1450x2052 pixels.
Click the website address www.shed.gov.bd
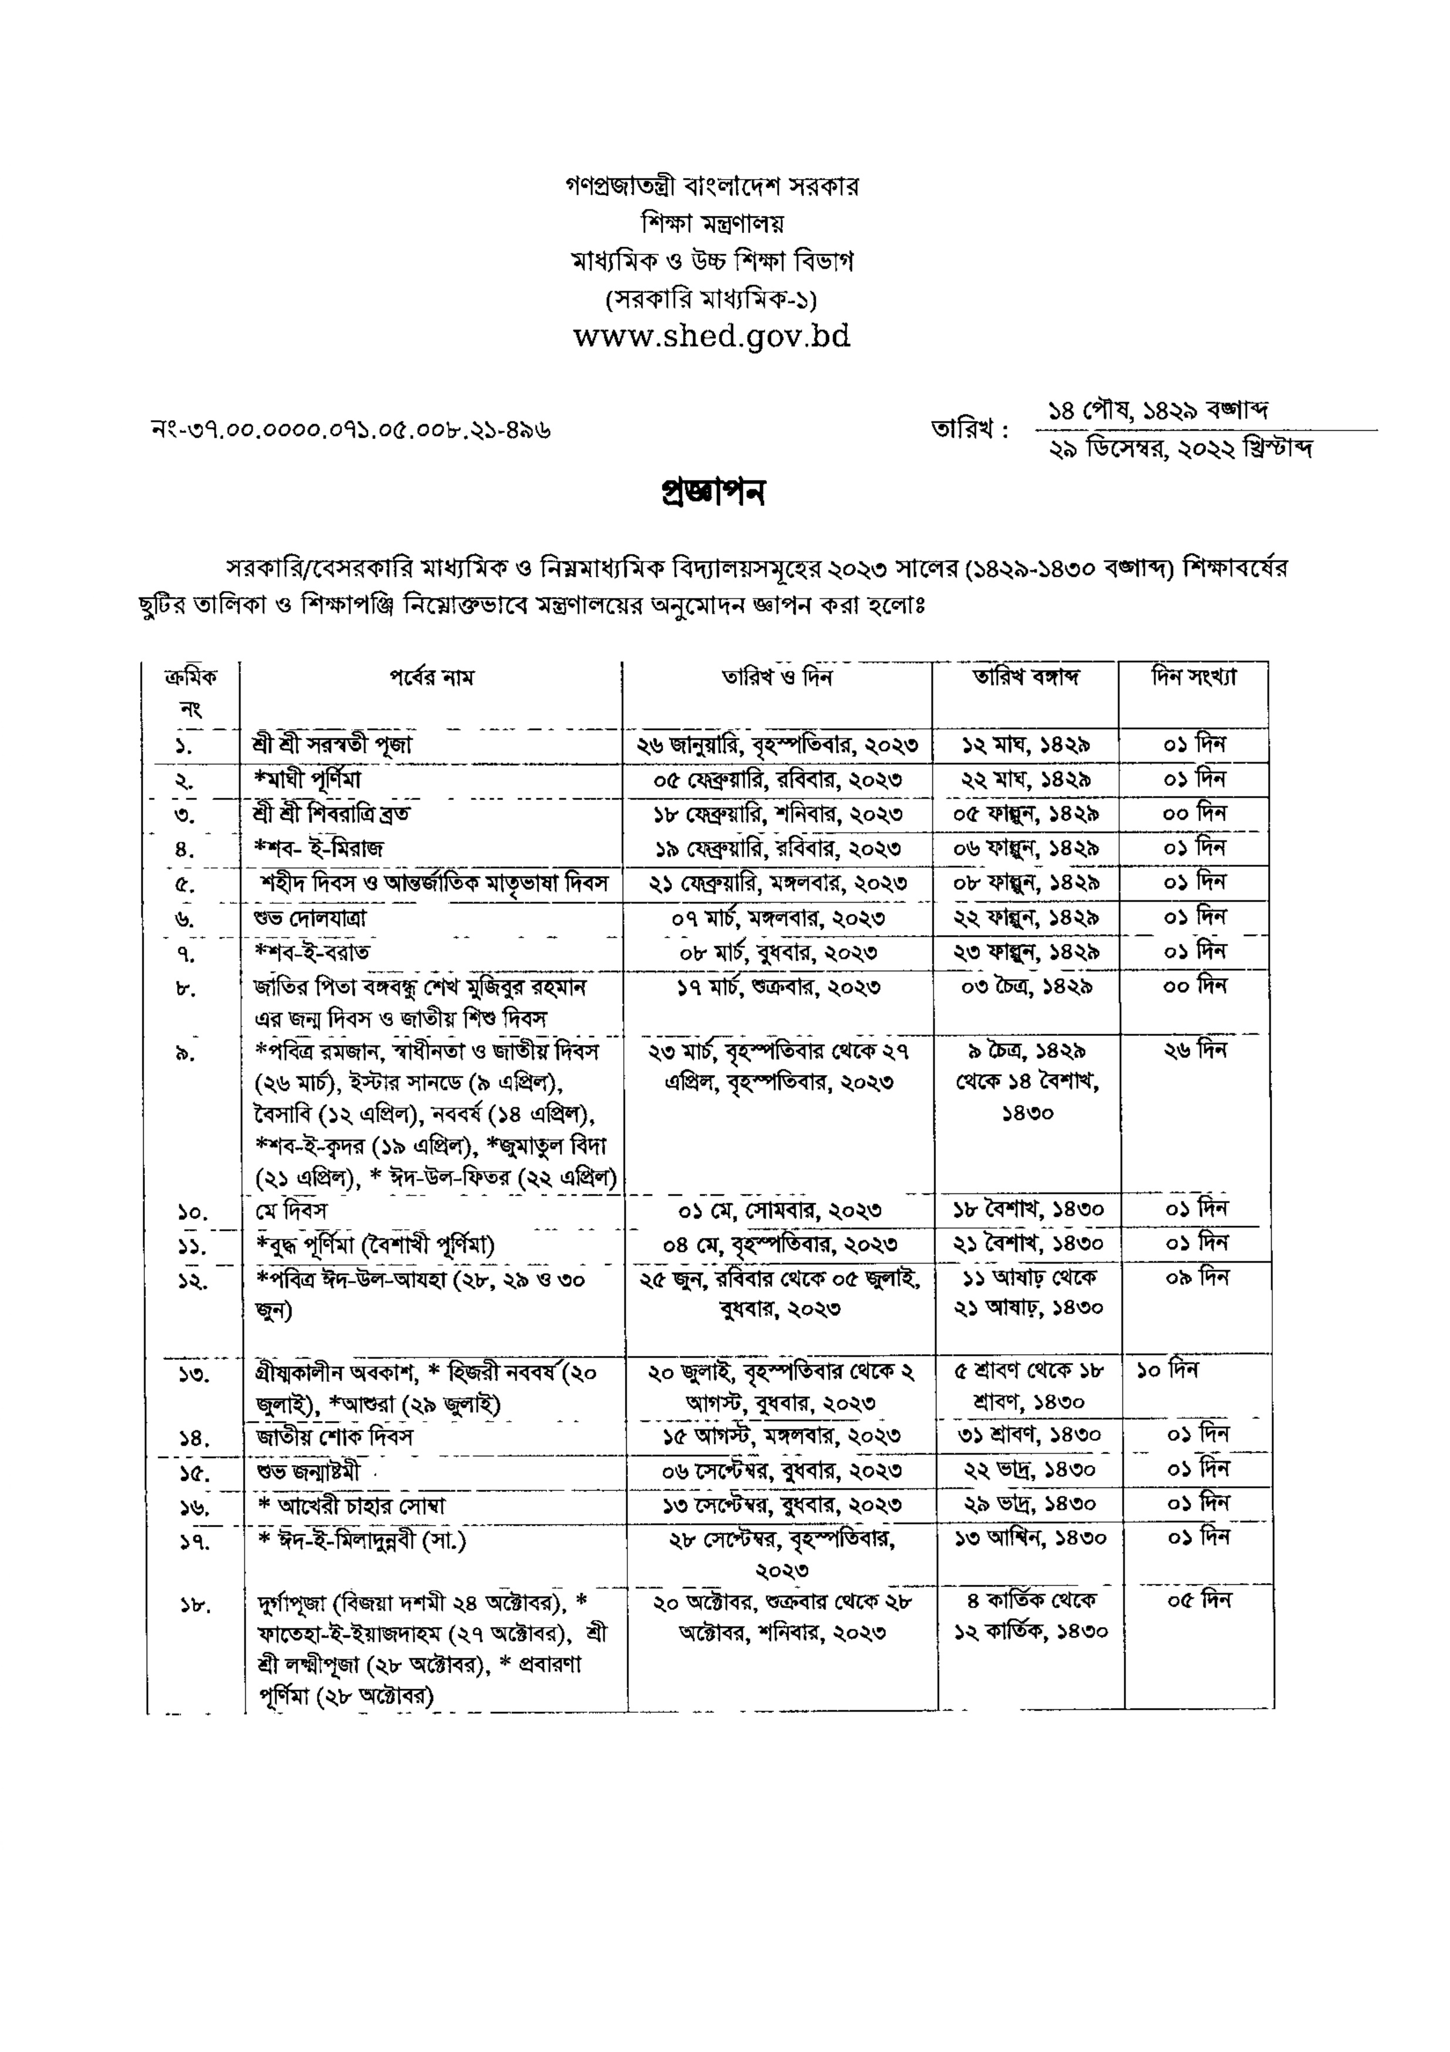(x=711, y=336)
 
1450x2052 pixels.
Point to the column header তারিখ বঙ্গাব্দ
(x=1026, y=677)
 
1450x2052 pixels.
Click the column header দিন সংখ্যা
(x=1194, y=677)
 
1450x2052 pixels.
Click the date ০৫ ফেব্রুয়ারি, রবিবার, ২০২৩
(x=778, y=779)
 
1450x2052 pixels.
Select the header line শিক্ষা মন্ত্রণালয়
(x=711, y=222)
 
